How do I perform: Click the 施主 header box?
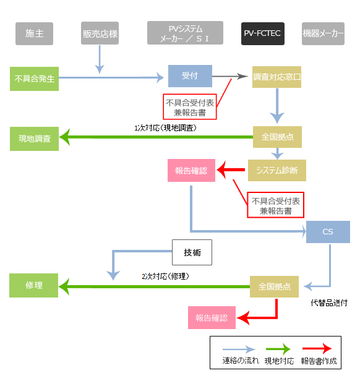point(34,33)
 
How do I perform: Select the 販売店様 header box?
point(100,33)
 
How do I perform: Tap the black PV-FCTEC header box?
point(263,33)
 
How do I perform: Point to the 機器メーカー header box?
point(323,33)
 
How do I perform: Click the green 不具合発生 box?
point(34,79)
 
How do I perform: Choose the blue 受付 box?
point(190,76)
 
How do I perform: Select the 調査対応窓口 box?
point(276,77)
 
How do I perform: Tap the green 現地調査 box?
point(34,139)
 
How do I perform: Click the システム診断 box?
point(277,170)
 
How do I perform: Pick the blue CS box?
point(328,232)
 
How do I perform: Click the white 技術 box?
point(192,252)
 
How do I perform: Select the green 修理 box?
point(34,285)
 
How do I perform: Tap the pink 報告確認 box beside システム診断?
point(191,170)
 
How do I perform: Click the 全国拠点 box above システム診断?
point(277,137)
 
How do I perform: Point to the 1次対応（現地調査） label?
point(165,128)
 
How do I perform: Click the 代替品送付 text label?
point(329,303)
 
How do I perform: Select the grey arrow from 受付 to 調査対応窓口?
point(230,76)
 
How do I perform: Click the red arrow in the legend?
point(317,349)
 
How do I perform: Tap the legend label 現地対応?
point(280,361)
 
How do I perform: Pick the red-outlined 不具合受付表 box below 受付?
point(190,106)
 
